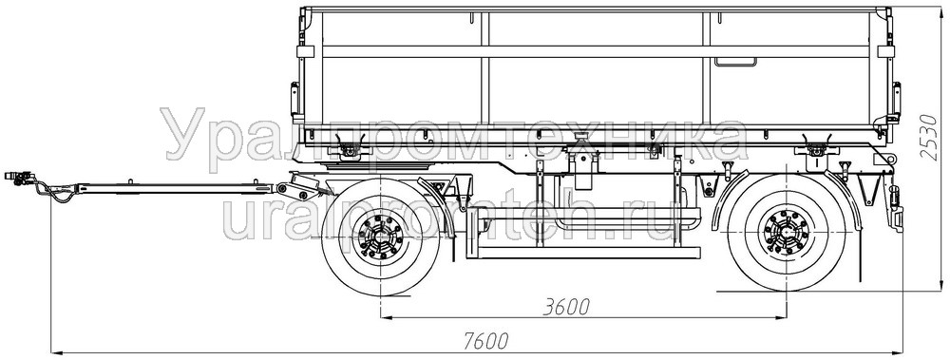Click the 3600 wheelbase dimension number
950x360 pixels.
coord(566,307)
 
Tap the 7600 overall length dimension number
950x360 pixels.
coord(485,341)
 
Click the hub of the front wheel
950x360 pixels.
coord(381,237)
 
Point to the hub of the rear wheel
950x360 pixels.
coord(787,232)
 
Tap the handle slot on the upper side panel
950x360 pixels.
coord(735,62)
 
